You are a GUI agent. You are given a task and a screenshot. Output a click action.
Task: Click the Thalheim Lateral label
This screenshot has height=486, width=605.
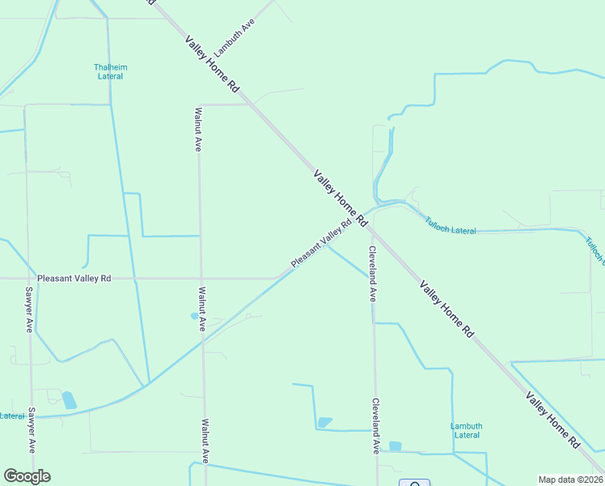click(110, 71)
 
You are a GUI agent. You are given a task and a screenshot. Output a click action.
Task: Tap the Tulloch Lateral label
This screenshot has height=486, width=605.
click(451, 226)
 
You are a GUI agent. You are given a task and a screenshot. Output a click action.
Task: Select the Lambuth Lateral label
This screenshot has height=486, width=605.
click(467, 430)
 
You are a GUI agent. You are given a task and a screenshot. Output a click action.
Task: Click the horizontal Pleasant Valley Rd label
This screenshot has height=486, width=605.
click(74, 278)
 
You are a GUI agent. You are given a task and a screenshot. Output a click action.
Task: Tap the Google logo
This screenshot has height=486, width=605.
click(27, 476)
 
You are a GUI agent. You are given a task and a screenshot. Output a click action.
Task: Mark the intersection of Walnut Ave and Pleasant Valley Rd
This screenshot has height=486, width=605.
click(201, 278)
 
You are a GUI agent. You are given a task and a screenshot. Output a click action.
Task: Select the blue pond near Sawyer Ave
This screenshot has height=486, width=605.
click(70, 400)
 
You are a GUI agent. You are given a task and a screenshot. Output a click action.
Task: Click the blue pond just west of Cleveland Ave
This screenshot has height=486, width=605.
click(324, 422)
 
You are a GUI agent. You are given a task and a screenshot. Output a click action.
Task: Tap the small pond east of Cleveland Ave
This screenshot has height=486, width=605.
click(395, 446)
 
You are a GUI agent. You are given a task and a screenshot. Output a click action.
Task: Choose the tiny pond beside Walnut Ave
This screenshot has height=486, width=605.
click(194, 316)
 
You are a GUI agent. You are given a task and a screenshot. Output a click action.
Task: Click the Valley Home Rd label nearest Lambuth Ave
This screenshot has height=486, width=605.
click(213, 62)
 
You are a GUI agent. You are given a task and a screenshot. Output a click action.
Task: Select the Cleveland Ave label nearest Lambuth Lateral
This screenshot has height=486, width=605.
click(375, 425)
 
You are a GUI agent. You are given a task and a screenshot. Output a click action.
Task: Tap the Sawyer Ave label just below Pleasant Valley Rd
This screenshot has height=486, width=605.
click(28, 310)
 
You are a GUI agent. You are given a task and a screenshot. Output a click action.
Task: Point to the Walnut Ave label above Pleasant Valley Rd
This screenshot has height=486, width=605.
click(198, 130)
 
